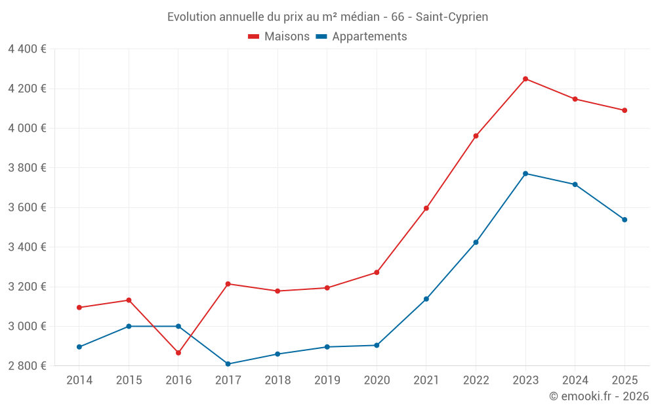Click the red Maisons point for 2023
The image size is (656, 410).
click(x=525, y=79)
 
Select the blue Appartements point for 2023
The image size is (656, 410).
click(x=525, y=173)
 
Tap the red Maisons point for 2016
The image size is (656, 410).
click(x=178, y=353)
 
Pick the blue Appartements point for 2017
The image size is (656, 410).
click(x=228, y=364)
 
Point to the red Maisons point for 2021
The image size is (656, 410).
click(x=426, y=208)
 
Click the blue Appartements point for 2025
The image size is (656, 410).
click(x=625, y=220)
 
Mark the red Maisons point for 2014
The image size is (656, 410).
click(x=79, y=308)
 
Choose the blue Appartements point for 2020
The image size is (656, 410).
click(x=377, y=345)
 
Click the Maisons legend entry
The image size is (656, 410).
click(x=279, y=37)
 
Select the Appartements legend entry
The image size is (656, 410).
click(x=361, y=37)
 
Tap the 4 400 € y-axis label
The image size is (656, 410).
click(x=27, y=49)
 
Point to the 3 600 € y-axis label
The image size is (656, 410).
click(x=27, y=207)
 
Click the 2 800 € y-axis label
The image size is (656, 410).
click(x=27, y=366)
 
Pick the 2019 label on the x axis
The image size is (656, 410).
click(x=327, y=380)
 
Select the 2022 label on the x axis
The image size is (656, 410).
click(x=476, y=380)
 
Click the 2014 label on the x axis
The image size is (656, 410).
click(x=79, y=380)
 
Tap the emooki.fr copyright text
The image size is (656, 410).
click(x=598, y=396)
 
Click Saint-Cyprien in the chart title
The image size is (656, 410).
click(x=452, y=17)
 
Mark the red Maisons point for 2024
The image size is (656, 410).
click(x=575, y=99)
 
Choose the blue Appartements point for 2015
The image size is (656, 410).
click(x=129, y=326)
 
